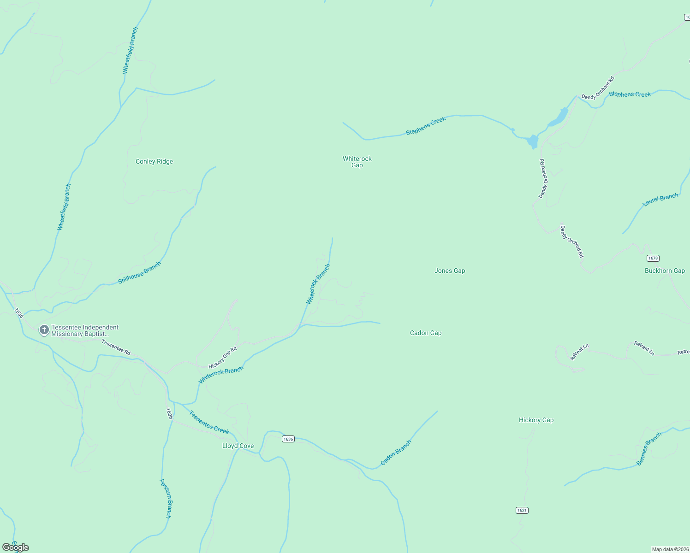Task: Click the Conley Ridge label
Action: point(154,162)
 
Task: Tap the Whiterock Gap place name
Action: point(357,162)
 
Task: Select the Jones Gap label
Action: point(450,271)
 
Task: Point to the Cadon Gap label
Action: point(426,333)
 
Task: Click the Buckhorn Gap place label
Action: point(665,271)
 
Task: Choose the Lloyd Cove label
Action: point(238,446)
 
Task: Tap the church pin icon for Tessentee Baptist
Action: point(44,330)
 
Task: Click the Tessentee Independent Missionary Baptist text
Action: point(85,331)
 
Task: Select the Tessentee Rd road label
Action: point(116,347)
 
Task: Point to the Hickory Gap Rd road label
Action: point(222,358)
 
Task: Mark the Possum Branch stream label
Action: point(166,499)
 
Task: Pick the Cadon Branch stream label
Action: point(396,453)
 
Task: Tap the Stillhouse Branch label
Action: point(139,273)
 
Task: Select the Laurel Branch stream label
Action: point(660,200)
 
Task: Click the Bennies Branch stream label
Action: point(649,449)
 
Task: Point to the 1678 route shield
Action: point(653,258)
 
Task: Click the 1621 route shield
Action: point(522,510)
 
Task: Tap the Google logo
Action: point(16,547)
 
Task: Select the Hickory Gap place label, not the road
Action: point(536,420)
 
